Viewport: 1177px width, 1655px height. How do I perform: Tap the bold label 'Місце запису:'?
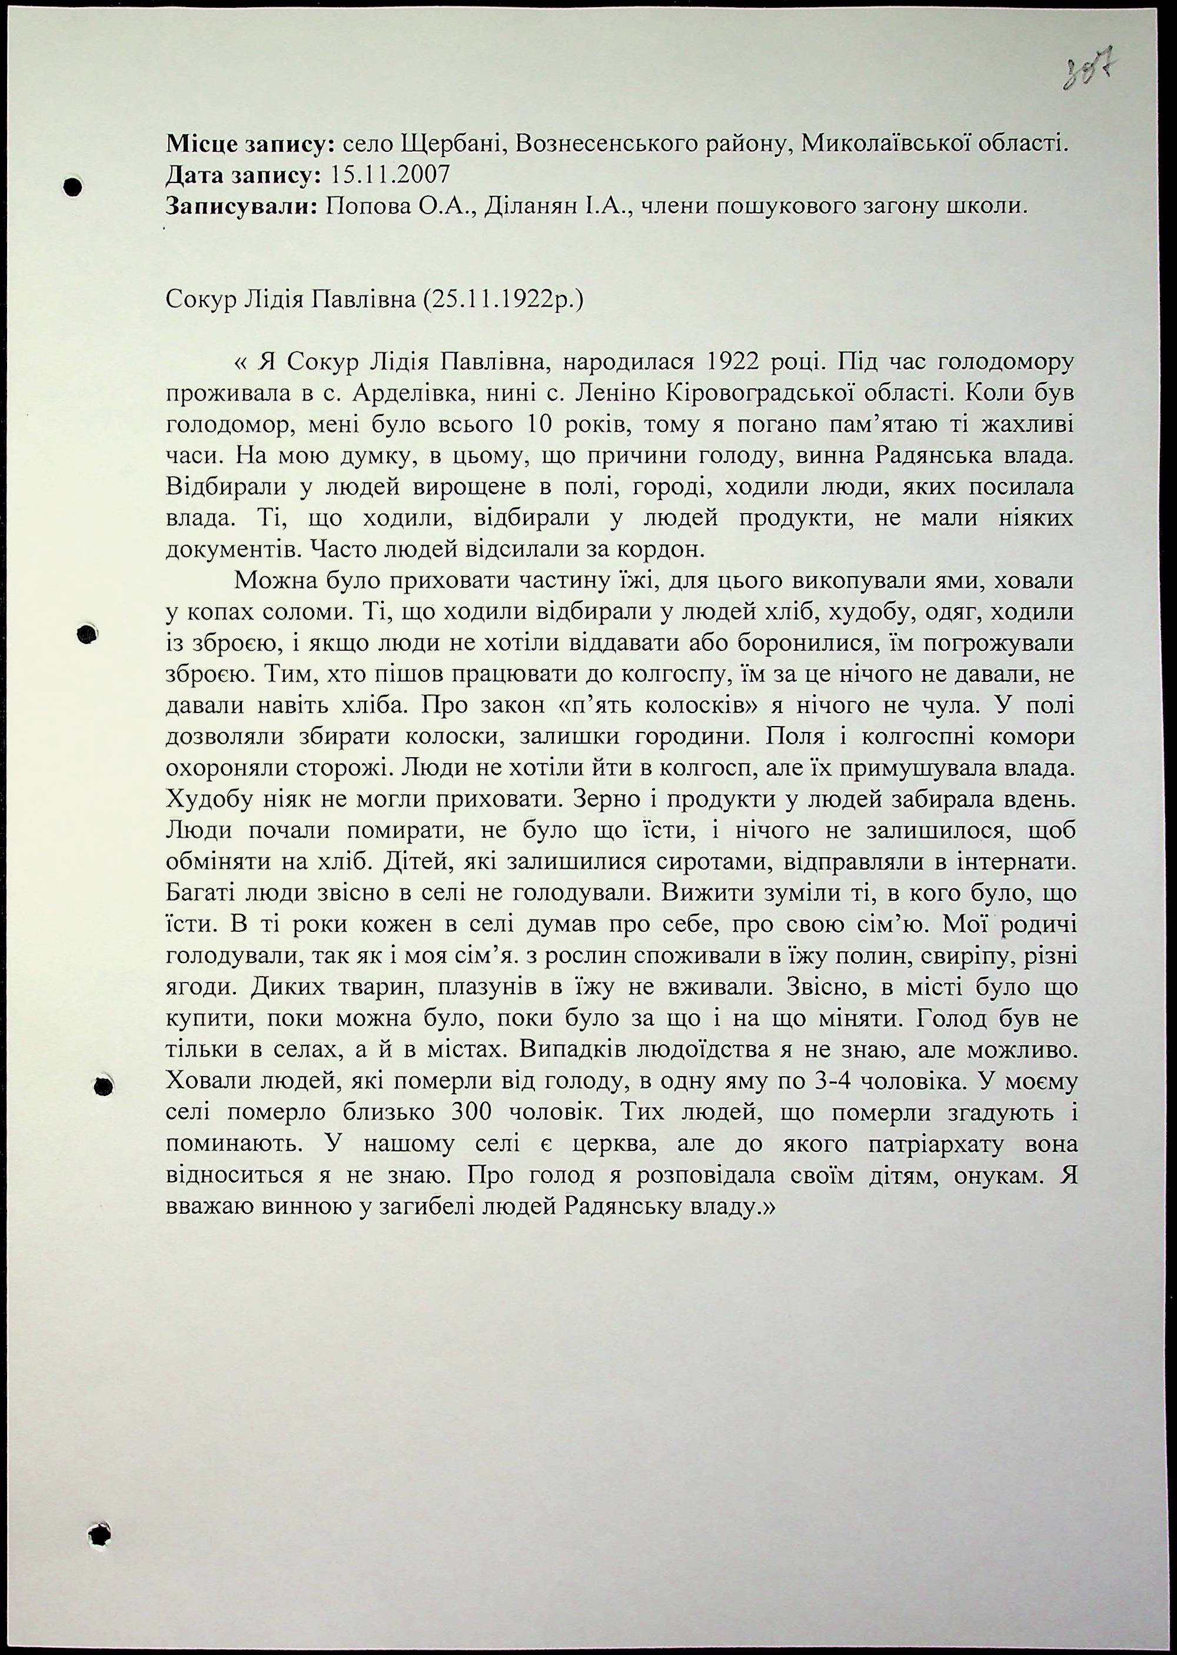(250, 144)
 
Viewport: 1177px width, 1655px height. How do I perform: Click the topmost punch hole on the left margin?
(72, 187)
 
